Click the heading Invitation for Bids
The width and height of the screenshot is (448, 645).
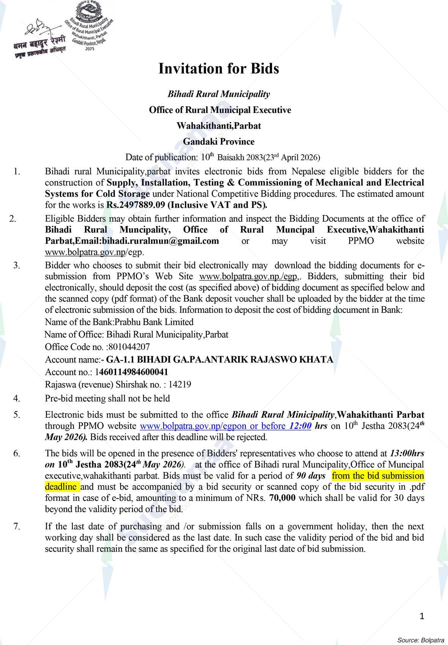click(x=218, y=69)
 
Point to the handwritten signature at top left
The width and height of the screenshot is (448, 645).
click(x=38, y=28)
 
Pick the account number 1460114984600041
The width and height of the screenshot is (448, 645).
click(x=132, y=372)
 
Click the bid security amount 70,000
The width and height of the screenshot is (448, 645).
click(x=282, y=498)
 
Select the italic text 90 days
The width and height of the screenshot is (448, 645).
click(x=311, y=476)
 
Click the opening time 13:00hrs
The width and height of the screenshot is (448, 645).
click(x=407, y=453)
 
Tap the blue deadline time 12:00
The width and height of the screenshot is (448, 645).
click(x=300, y=426)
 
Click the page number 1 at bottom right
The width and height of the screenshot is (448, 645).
click(x=422, y=616)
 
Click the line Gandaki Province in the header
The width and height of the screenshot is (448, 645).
click(x=218, y=142)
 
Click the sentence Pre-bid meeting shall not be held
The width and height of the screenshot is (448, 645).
click(x=107, y=398)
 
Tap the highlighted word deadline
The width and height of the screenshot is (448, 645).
click(x=61, y=487)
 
